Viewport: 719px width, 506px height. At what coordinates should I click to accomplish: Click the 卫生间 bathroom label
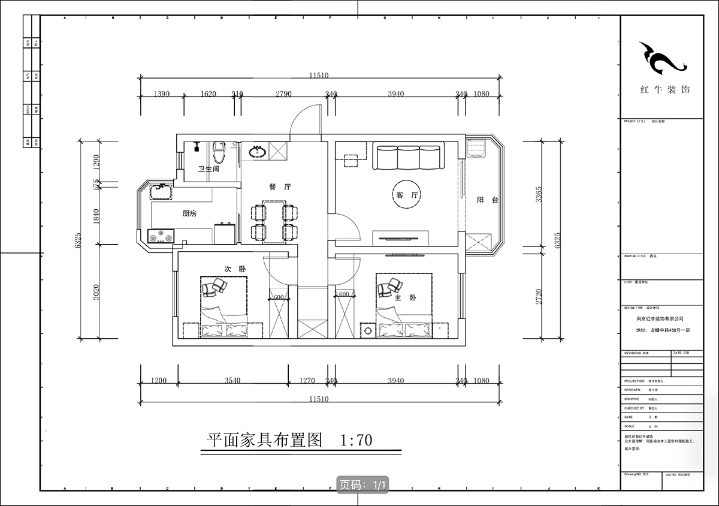pos(209,170)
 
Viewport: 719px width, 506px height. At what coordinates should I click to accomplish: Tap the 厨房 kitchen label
pos(190,213)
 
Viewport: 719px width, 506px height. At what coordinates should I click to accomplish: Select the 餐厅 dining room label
pos(280,187)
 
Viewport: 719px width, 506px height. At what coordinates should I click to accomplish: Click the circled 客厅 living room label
pos(406,195)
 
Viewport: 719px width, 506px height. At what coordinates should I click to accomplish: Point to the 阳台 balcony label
pos(487,200)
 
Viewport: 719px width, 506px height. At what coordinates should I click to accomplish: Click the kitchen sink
pos(159,191)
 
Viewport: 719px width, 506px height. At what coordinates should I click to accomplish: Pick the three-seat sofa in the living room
pos(409,156)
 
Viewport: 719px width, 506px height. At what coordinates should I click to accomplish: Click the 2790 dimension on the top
pos(283,94)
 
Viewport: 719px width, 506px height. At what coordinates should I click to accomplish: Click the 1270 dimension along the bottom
pos(306,381)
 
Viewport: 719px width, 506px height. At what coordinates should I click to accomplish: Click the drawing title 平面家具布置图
pos(265,441)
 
